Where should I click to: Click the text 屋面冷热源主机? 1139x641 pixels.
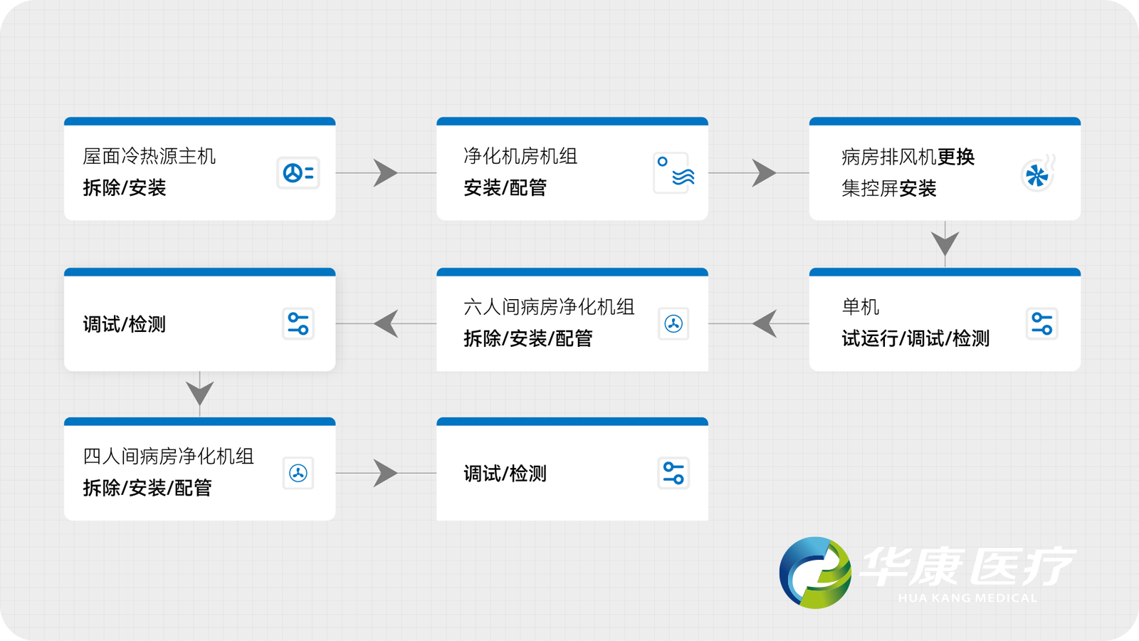tap(149, 156)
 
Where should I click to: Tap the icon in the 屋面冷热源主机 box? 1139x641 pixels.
tap(298, 173)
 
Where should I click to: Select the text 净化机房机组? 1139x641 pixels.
tap(520, 156)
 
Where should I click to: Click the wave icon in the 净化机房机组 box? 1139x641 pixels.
tap(673, 173)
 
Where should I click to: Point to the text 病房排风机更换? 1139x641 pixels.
tap(908, 157)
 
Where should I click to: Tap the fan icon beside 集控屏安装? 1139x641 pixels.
tap(1037, 174)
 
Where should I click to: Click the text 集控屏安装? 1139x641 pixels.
tap(888, 189)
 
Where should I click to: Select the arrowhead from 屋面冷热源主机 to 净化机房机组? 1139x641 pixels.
tap(384, 173)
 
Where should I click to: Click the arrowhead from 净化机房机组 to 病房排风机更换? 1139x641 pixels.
tap(763, 173)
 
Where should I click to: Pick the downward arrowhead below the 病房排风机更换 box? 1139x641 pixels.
tap(945, 242)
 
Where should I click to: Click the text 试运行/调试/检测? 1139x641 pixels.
tap(915, 338)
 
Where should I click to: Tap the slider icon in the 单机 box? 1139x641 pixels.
tap(1041, 324)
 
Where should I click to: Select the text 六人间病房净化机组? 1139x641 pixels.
tap(549, 307)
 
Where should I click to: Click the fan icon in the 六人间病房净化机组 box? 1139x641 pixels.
tap(673, 324)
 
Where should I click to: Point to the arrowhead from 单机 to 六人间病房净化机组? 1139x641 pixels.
tap(765, 324)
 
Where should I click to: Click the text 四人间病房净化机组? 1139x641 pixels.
tap(168, 457)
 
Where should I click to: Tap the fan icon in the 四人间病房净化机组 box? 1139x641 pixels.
tap(298, 473)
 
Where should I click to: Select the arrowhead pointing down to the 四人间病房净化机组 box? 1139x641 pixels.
tap(199, 392)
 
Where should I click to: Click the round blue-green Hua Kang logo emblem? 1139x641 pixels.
tap(815, 573)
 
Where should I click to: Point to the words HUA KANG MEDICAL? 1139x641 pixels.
tap(967, 598)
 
